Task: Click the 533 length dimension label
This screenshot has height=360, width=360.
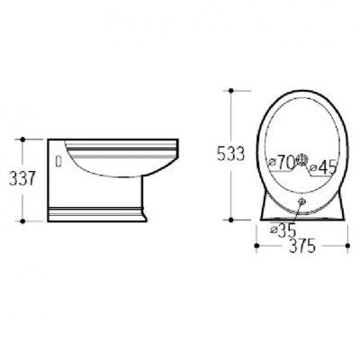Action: click(231, 155)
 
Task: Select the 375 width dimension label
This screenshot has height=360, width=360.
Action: click(302, 246)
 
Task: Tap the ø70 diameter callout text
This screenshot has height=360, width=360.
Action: click(282, 162)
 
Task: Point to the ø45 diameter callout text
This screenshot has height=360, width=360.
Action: click(323, 168)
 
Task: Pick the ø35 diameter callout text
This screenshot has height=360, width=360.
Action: click(283, 230)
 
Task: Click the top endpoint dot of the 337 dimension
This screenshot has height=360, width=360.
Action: click(22, 139)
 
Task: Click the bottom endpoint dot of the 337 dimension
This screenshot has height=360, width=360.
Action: click(22, 221)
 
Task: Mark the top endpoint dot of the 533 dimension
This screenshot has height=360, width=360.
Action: click(231, 90)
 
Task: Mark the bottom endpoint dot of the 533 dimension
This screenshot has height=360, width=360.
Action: click(231, 220)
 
